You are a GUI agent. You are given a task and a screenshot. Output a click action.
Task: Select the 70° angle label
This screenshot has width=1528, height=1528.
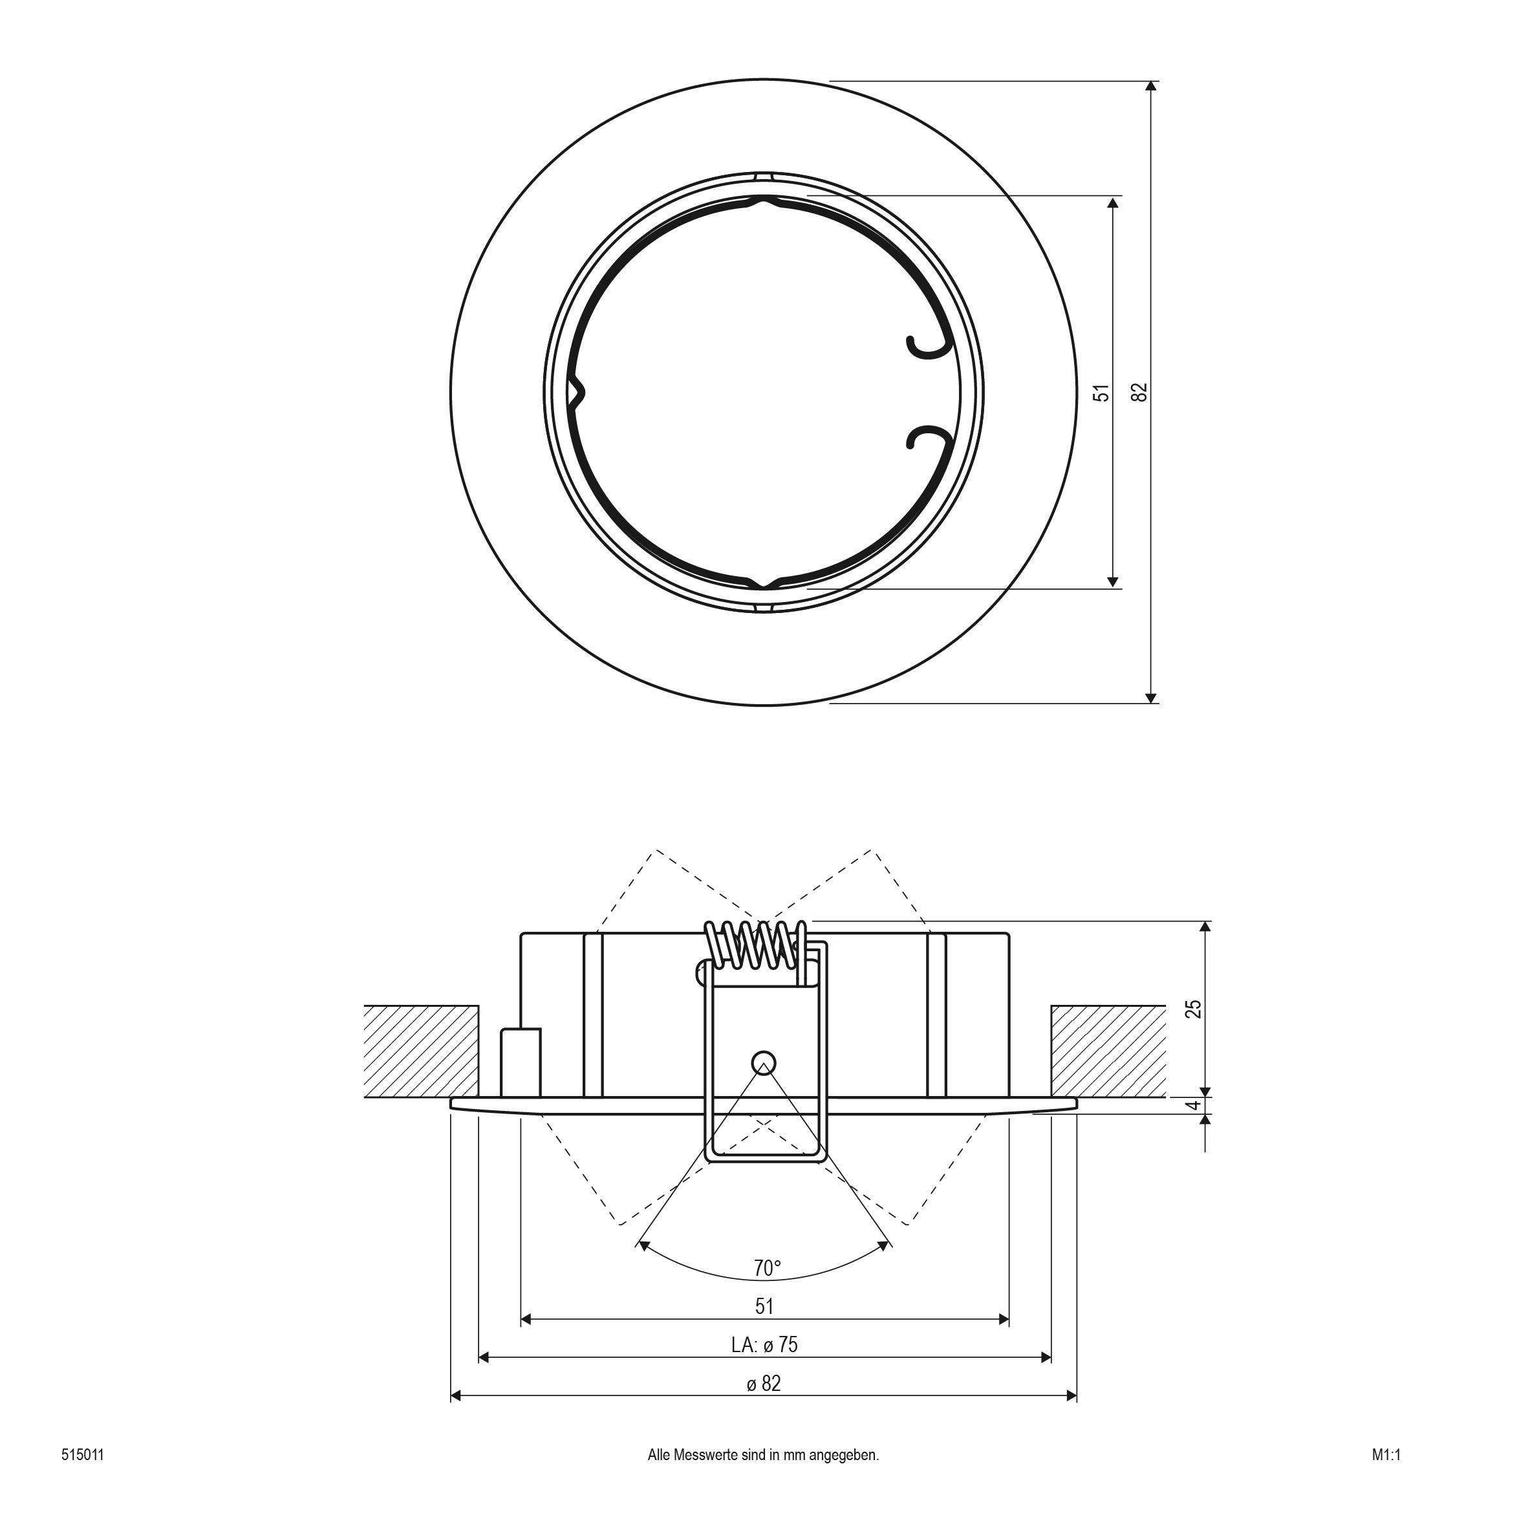(x=766, y=1268)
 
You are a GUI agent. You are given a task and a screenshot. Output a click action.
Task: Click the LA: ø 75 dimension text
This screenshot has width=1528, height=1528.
(x=764, y=1344)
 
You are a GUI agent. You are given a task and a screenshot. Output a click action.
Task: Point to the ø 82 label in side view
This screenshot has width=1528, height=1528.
(x=764, y=1383)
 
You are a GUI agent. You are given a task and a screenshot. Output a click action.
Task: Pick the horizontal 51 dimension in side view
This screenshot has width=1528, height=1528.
(x=764, y=1306)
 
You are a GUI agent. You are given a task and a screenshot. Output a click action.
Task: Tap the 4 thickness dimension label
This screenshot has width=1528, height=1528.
(x=1195, y=1105)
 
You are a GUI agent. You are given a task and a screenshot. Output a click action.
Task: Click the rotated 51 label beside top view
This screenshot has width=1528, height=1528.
(x=1102, y=393)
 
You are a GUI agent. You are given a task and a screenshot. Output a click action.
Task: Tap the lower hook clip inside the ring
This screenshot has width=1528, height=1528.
(x=927, y=437)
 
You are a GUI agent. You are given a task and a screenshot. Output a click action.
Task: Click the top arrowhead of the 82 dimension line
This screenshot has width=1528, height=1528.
(x=1152, y=88)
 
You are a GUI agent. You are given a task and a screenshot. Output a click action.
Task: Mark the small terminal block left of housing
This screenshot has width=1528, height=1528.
(x=521, y=1062)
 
